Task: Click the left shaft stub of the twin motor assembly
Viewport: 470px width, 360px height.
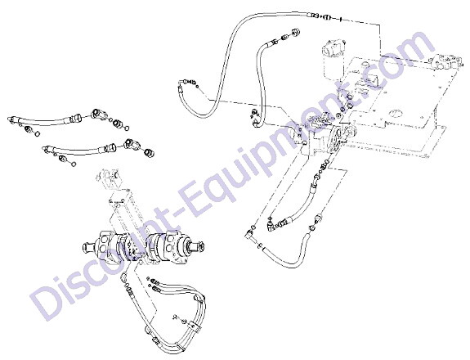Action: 87,247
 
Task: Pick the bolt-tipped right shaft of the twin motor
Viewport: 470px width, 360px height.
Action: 198,246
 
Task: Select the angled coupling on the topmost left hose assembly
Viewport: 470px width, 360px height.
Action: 98,114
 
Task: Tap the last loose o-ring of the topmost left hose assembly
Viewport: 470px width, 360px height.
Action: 127,128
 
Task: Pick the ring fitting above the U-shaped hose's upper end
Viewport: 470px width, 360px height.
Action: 320,216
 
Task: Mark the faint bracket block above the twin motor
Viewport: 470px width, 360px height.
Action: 108,179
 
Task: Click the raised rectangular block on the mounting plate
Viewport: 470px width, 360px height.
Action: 374,78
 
